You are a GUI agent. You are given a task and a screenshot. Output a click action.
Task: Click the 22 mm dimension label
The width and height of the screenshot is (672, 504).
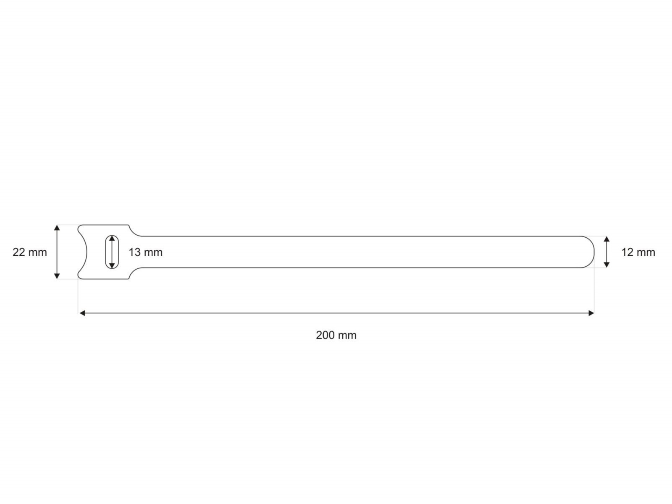tap(30, 252)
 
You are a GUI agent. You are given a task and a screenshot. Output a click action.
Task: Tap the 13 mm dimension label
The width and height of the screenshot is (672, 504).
tap(145, 252)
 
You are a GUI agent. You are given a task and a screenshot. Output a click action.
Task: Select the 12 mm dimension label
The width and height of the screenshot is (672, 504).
tap(638, 252)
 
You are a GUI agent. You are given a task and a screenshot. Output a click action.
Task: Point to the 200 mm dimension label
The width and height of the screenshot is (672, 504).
tap(336, 335)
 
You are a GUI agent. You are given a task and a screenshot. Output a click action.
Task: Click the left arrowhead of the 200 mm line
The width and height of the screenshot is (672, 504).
tap(82, 313)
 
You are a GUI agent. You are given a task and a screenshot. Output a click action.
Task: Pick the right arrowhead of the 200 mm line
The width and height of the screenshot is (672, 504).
tap(591, 313)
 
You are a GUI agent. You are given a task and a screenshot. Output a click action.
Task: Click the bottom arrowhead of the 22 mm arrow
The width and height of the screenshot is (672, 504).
tap(57, 276)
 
